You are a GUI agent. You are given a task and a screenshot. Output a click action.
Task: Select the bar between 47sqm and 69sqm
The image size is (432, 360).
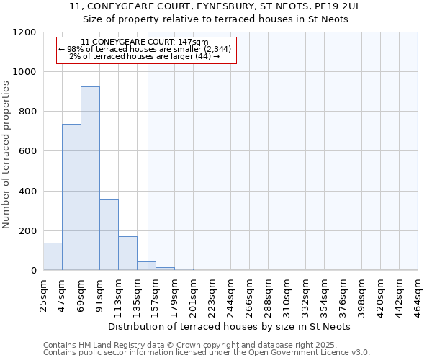tap(71, 197)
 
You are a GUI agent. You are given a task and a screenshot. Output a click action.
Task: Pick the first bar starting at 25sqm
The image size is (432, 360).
tap(53, 256)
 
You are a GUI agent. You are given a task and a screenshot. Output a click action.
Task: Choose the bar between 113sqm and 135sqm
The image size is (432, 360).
tap(127, 253)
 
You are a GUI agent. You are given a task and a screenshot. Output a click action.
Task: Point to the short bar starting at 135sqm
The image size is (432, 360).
tap(146, 266)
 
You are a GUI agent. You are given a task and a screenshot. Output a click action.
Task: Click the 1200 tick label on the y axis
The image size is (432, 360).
tap(27, 32)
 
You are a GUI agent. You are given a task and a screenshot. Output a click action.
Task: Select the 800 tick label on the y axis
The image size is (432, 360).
tap(30, 112)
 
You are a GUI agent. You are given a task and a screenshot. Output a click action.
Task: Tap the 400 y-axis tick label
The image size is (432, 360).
tap(30, 192)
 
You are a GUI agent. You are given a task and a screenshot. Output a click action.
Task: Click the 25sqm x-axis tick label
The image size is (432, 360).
tap(44, 294)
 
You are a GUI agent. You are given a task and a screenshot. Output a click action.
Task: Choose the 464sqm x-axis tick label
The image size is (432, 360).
tap(418, 295)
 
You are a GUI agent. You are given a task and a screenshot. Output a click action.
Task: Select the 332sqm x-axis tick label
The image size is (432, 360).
tap(306, 295)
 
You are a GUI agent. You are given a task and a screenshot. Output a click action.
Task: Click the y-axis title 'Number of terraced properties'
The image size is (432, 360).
tap(6, 155)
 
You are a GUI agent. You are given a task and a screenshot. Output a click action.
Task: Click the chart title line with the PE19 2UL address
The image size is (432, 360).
tap(215, 6)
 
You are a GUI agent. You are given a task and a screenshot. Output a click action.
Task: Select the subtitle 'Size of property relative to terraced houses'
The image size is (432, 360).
tap(215, 19)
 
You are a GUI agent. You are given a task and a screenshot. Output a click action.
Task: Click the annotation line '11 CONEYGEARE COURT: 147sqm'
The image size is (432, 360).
tap(145, 42)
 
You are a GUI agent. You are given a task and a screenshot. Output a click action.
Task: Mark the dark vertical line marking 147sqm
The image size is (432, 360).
tap(148, 166)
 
